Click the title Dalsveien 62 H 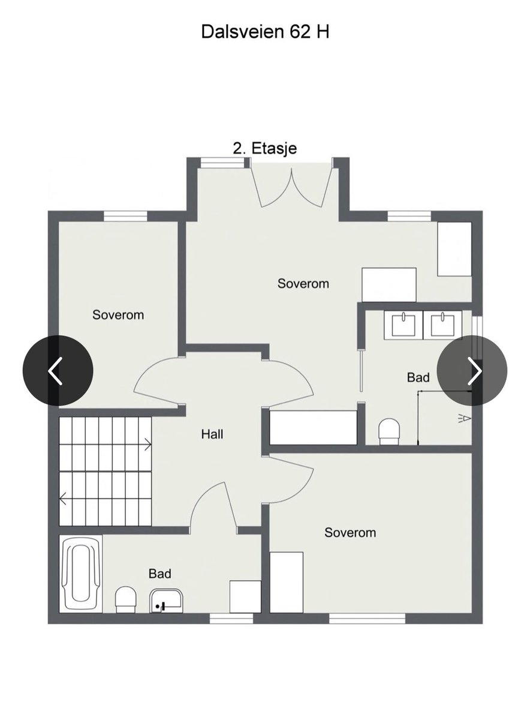[265, 32]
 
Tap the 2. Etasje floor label [264, 149]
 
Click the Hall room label [212, 434]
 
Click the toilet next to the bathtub [125, 599]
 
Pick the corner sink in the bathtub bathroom [167, 601]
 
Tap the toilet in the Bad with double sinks [389, 431]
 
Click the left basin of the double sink [403, 325]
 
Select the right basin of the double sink [442, 325]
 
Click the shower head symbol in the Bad [465, 419]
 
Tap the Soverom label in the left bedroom [118, 314]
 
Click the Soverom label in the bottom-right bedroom [350, 533]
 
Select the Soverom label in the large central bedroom [303, 283]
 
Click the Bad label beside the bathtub [159, 574]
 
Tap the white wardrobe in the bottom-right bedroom [287, 582]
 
